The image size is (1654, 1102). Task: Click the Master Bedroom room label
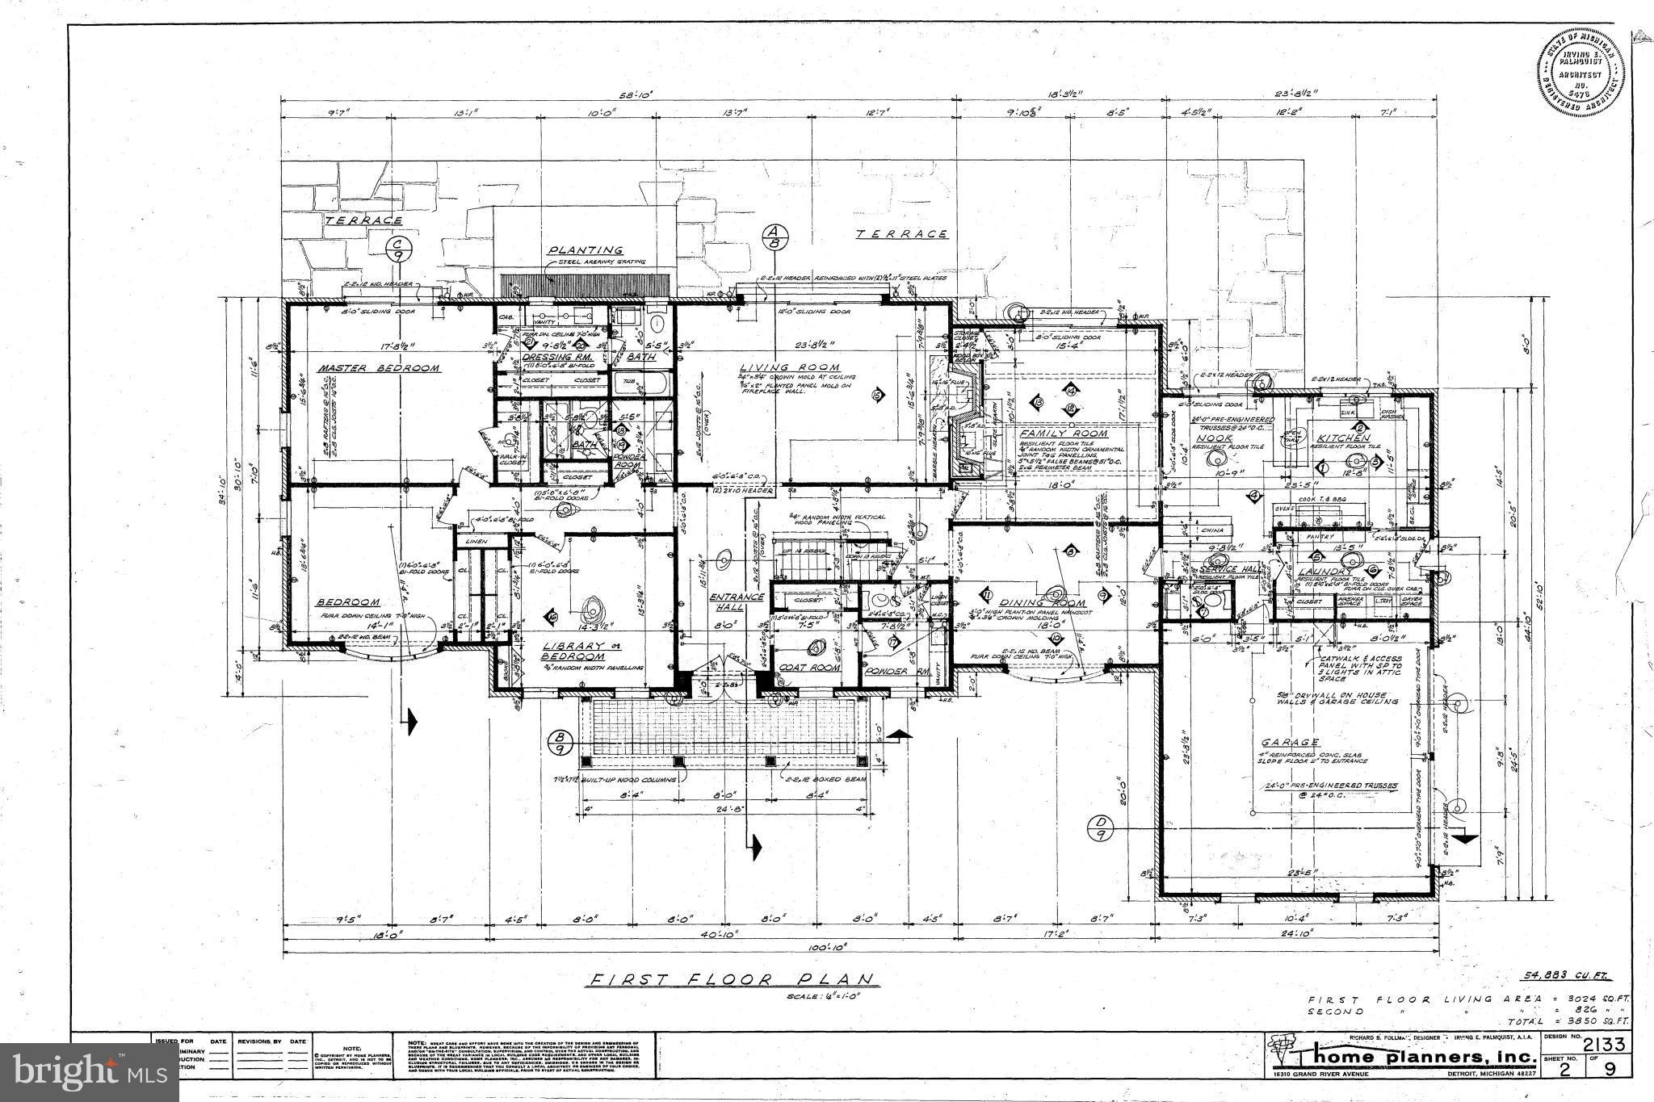[x=379, y=368]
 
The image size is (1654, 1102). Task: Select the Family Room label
[x=1064, y=434]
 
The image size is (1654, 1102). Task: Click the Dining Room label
[x=1046, y=603]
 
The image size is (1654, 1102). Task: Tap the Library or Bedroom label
[x=573, y=651]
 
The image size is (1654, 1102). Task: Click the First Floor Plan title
[x=732, y=979]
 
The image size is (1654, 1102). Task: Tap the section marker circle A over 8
[x=773, y=241]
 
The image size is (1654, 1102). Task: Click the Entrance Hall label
[x=736, y=601]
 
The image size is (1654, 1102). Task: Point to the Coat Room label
[x=808, y=668]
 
